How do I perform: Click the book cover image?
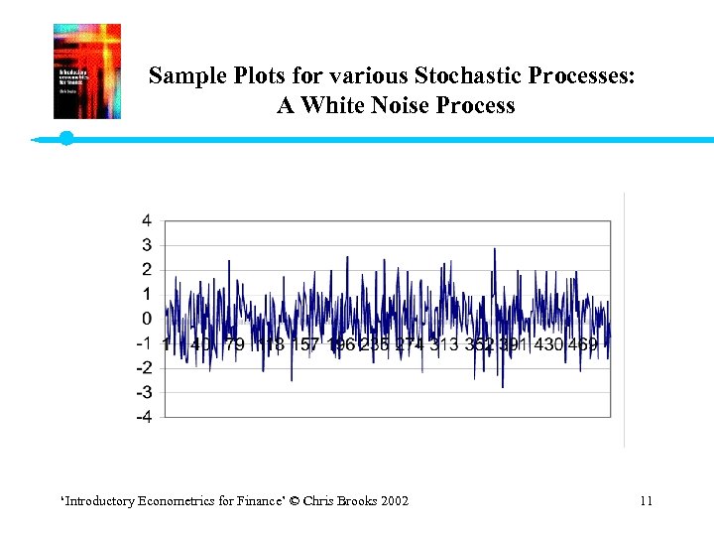[87, 71]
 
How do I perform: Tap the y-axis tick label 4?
[147, 220]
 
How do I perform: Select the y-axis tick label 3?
[147, 245]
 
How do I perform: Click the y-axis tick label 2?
[147, 270]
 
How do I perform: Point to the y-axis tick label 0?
[147, 319]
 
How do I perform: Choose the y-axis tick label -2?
[145, 368]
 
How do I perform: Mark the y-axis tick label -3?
[145, 393]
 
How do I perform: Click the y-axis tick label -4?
[145, 418]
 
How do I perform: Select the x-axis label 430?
[544, 344]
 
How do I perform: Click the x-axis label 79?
[234, 344]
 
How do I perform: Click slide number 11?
[646, 501]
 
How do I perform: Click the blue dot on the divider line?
[66, 138]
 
